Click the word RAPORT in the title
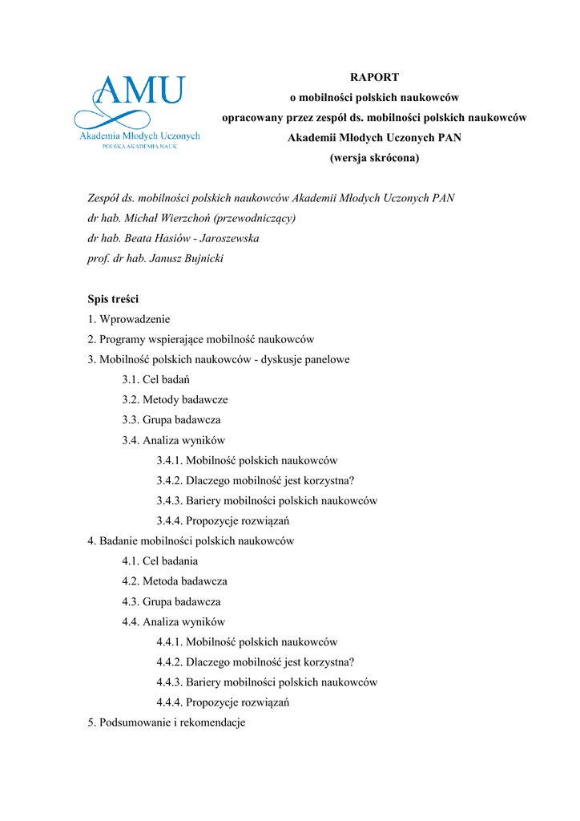click(x=374, y=77)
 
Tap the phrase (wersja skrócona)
click(x=374, y=158)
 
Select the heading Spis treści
click(x=113, y=299)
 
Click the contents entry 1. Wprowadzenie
click(x=129, y=319)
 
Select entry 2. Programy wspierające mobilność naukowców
click(x=201, y=339)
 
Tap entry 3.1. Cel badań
click(x=155, y=379)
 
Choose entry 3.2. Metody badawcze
click(x=175, y=399)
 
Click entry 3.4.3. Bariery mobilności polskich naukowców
click(x=267, y=500)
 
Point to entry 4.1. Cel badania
click(x=160, y=561)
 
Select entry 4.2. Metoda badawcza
click(x=175, y=581)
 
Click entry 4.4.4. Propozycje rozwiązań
click(x=223, y=702)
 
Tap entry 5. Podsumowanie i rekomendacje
click(x=167, y=722)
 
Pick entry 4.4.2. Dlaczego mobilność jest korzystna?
click(x=256, y=662)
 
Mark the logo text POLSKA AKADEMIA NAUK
click(x=139, y=148)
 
